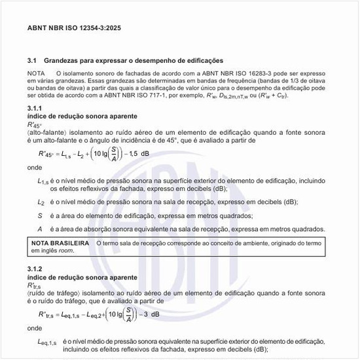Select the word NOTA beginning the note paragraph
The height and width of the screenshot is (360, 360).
click(x=36, y=72)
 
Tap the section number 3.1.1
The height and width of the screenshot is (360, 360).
click(x=35, y=107)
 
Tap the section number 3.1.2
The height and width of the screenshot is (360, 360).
click(x=35, y=270)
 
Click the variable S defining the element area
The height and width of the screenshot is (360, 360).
click(x=40, y=215)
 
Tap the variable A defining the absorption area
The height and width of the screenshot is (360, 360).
click(x=40, y=229)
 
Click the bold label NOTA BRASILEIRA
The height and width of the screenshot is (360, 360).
click(x=61, y=243)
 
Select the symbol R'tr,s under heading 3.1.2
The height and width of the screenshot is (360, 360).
click(x=35, y=285)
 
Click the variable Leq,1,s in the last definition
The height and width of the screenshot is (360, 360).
click(x=47, y=342)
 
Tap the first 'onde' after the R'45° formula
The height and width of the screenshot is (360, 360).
click(x=35, y=168)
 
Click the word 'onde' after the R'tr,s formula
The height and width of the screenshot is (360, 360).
click(x=35, y=328)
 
